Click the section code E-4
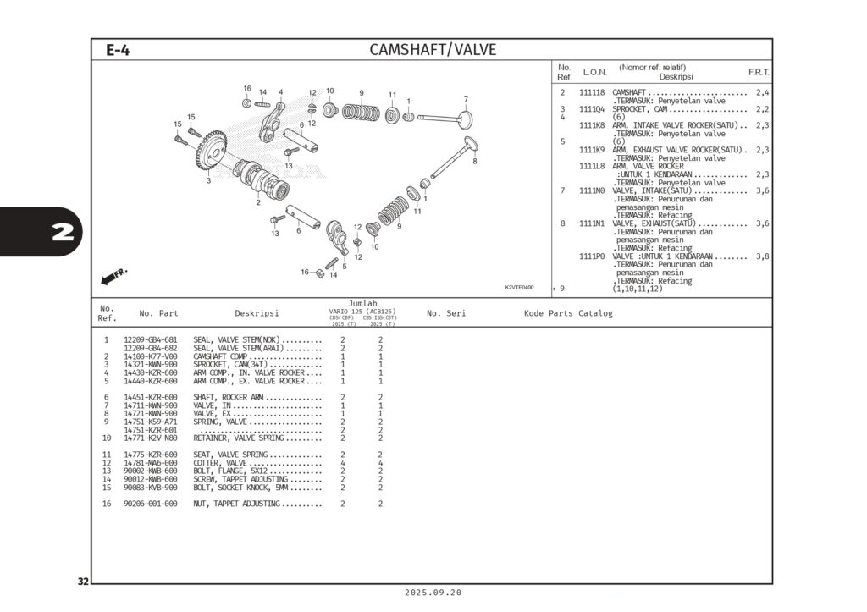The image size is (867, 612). pos(118,50)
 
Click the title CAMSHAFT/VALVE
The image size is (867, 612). pos(433,50)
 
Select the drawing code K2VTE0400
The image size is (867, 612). pos(519,287)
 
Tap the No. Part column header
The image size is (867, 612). pos(158,314)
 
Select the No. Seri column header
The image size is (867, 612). pos(446,314)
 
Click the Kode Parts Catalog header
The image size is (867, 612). pos(568,314)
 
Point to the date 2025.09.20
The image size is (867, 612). pos(433,593)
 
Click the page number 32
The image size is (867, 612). pos(83,582)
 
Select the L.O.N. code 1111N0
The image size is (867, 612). pos(592,190)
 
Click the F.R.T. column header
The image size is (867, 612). pos(758,73)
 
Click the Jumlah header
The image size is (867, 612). pos(362,303)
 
